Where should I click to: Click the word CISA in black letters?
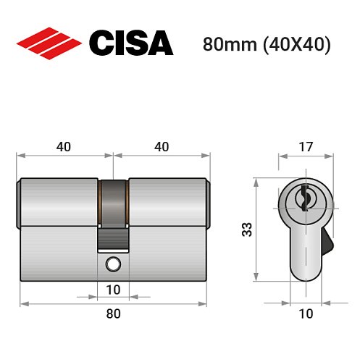(130, 43)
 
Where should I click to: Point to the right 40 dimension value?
(162, 147)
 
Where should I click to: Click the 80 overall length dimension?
(113, 313)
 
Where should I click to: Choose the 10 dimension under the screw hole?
(113, 290)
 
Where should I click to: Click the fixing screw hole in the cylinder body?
(113, 264)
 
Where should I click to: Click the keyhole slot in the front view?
(305, 195)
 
